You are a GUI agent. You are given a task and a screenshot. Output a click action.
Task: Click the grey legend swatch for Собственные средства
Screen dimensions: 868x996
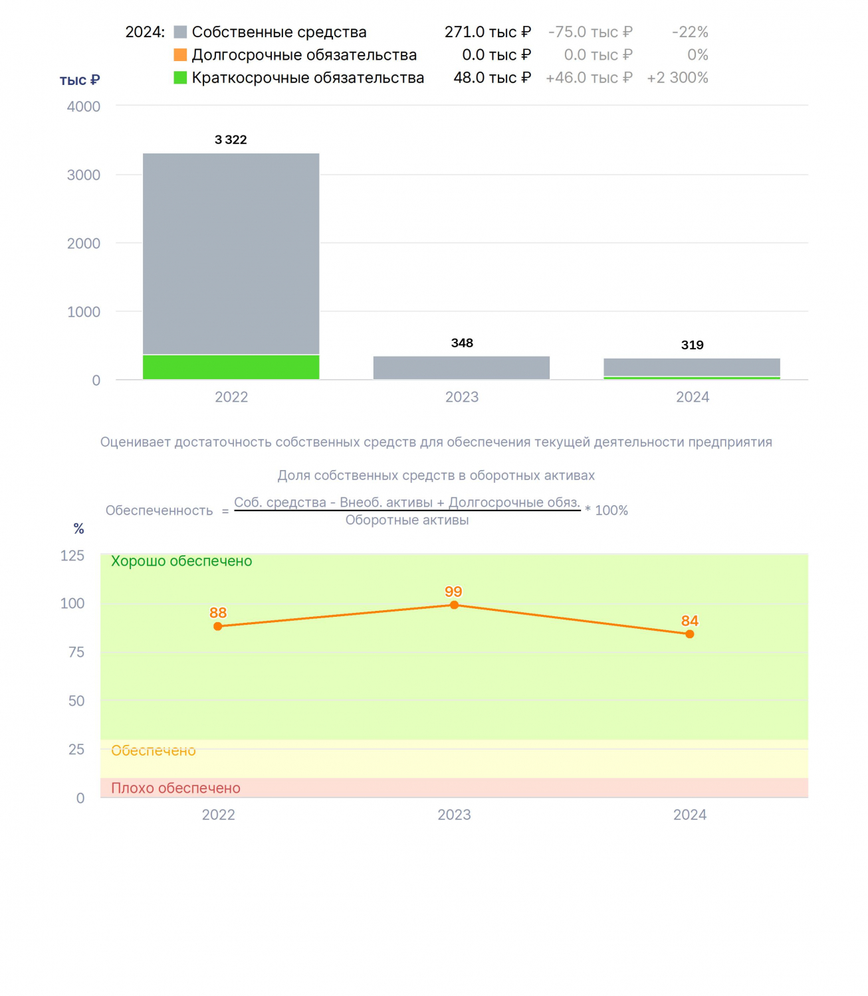pyautogui.click(x=179, y=32)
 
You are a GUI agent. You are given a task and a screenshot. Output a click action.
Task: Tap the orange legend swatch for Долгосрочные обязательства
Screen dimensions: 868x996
pyautogui.click(x=179, y=54)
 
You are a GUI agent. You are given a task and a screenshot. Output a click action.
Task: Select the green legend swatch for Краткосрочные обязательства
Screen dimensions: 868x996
pyautogui.click(x=179, y=78)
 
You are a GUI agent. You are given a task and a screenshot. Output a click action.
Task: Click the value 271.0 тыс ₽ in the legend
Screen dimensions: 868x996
pyautogui.click(x=487, y=32)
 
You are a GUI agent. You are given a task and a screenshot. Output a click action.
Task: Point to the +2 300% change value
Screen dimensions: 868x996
pyautogui.click(x=677, y=78)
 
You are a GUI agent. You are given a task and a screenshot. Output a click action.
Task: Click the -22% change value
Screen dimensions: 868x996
pyautogui.click(x=690, y=32)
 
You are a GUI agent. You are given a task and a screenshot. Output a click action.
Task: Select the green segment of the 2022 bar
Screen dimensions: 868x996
pyautogui.click(x=231, y=367)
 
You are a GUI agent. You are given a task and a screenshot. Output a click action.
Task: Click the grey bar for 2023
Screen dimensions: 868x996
pyautogui.click(x=461, y=368)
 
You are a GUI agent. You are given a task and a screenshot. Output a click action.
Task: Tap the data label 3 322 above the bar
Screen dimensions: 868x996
pyautogui.click(x=231, y=139)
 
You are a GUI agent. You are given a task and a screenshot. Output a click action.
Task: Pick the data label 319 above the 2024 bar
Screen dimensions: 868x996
pyautogui.click(x=692, y=345)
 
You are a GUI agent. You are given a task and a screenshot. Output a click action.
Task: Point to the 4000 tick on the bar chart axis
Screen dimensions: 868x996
pyautogui.click(x=83, y=107)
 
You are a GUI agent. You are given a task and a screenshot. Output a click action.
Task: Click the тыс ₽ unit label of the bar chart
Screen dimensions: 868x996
pyautogui.click(x=80, y=80)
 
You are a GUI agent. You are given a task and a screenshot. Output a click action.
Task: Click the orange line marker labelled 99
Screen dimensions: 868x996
pyautogui.click(x=454, y=605)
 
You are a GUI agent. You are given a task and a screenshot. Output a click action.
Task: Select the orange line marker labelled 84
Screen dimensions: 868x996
pyautogui.click(x=689, y=634)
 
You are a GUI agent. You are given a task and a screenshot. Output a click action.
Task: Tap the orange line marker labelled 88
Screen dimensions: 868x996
pyautogui.click(x=218, y=626)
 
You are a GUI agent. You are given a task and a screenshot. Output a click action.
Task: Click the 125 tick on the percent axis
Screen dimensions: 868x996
pyautogui.click(x=72, y=556)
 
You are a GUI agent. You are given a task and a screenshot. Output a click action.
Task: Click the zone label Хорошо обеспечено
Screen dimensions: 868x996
pyautogui.click(x=181, y=561)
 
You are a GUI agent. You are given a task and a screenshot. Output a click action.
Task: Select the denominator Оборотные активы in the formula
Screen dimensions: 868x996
pyautogui.click(x=407, y=520)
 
